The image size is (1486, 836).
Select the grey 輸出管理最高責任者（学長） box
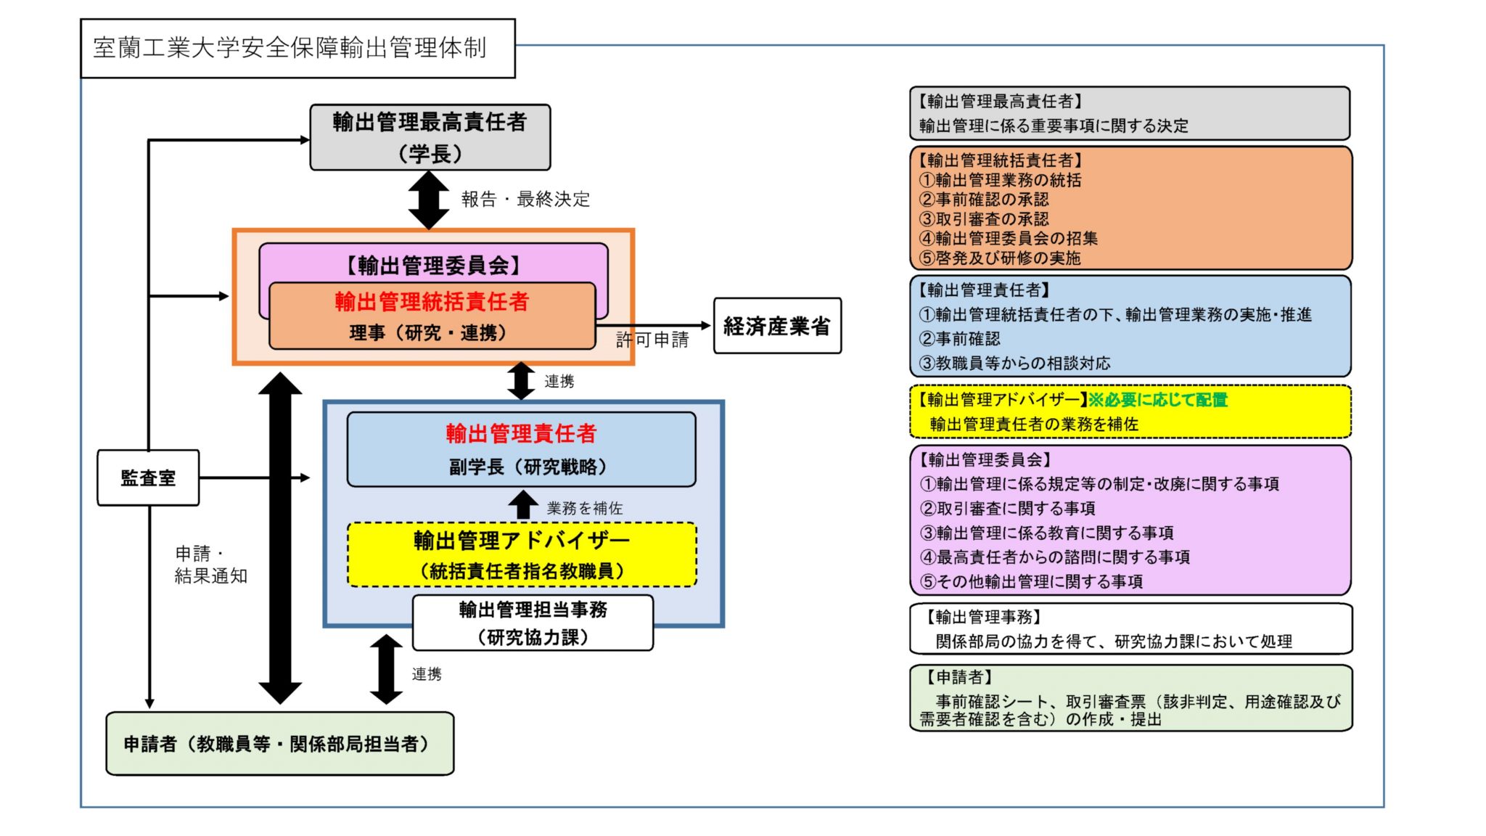coord(430,137)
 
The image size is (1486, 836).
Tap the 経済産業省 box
coord(777,326)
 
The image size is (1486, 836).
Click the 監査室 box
coord(148,478)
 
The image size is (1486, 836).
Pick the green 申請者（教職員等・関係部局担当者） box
coord(279,744)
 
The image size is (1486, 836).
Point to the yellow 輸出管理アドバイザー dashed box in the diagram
coord(522,554)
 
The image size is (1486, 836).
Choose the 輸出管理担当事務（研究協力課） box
coord(533,623)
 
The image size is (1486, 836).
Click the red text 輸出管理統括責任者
coord(432,301)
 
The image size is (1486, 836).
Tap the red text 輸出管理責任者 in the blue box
coord(521,433)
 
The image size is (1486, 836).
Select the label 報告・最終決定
coord(525,200)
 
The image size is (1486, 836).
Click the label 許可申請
coord(652,340)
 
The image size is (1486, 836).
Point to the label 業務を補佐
coord(585,508)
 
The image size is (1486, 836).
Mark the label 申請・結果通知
coord(210,565)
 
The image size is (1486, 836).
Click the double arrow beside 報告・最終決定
coord(429,200)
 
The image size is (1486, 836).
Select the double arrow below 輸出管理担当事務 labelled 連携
coord(386,669)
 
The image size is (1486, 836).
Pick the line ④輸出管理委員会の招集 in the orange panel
coord(1009,238)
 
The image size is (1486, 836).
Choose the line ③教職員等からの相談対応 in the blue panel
coord(1014,363)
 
